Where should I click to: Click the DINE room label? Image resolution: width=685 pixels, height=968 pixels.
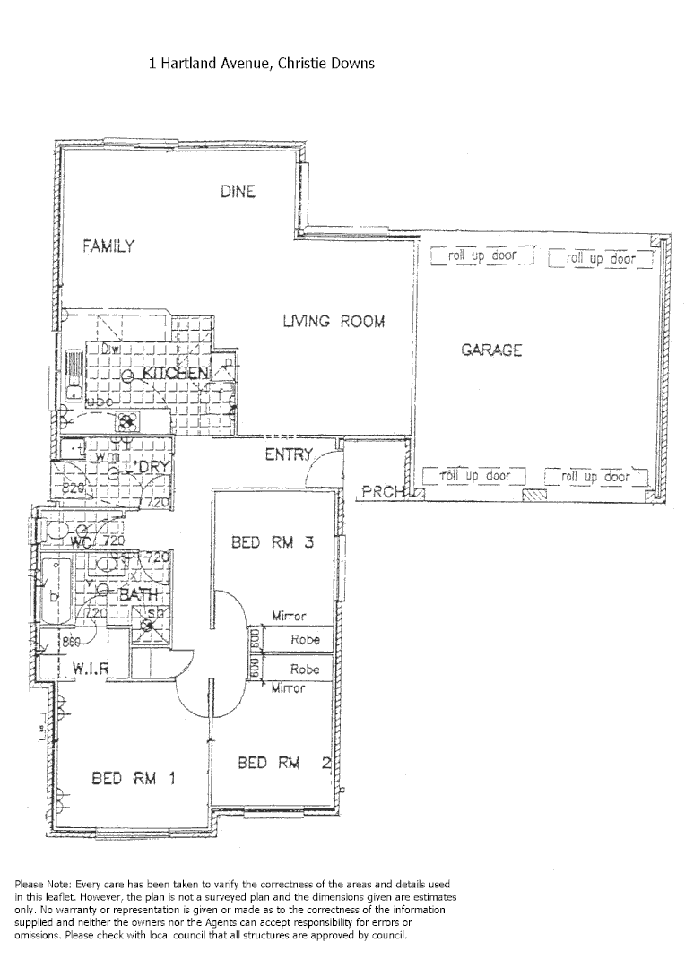238,191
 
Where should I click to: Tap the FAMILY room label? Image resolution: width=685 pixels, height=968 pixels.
108,246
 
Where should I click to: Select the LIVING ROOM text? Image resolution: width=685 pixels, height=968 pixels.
334,321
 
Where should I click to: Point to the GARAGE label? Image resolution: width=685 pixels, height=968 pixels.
491,350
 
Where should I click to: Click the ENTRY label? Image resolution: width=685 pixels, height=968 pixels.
288,455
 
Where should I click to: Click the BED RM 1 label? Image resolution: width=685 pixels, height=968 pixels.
133,778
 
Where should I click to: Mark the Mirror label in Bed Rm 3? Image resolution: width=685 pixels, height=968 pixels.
289,617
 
